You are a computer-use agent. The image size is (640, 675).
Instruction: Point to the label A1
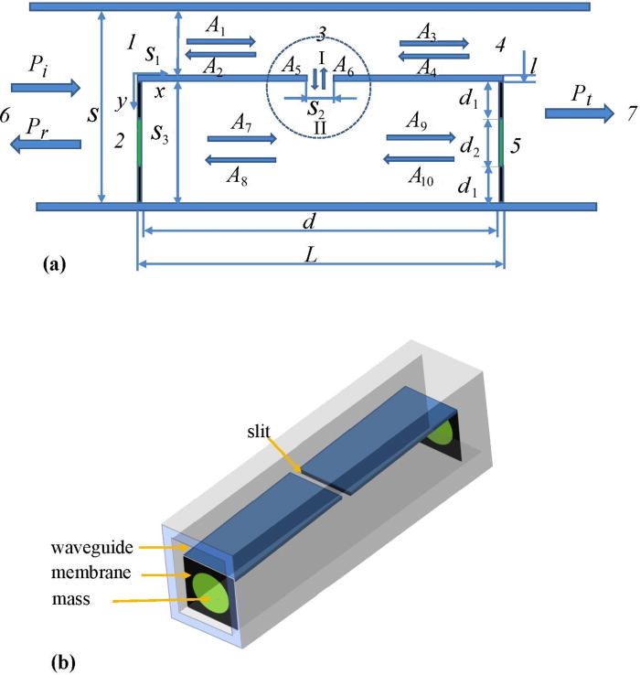point(216,28)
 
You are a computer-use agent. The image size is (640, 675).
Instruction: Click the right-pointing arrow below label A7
point(241,139)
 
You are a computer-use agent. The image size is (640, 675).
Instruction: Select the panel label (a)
point(55,265)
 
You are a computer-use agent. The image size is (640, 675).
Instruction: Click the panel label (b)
point(55,656)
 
